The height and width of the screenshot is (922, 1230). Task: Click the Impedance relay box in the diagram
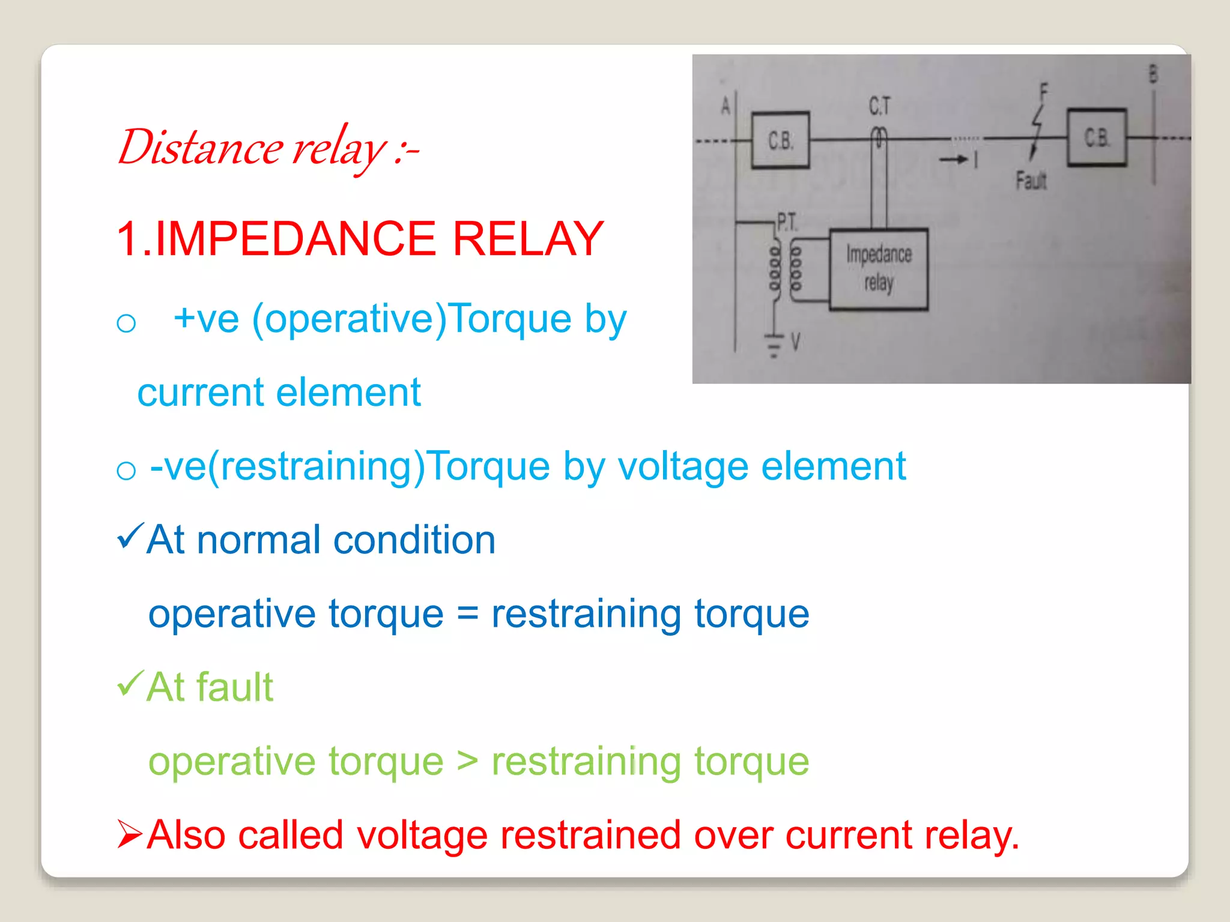pos(879,269)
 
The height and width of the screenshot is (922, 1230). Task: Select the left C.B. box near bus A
pos(780,140)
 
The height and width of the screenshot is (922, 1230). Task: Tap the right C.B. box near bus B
pos(1096,137)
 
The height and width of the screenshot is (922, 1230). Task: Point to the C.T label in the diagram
pos(879,107)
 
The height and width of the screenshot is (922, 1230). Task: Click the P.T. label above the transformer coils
pos(787,222)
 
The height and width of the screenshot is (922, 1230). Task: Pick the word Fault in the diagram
pos(1031,180)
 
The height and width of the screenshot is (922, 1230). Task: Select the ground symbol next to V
pos(774,346)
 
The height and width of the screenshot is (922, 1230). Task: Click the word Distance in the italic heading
pos(199,148)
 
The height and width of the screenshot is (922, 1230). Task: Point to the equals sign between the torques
pos(467,613)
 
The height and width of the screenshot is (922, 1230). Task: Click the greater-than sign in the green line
pos(467,761)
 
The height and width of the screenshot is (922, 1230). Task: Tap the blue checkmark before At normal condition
pos(130,535)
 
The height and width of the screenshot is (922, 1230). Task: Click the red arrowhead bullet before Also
pos(130,834)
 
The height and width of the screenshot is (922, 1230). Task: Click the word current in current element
pos(200,393)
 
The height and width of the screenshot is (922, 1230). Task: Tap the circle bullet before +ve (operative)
pos(126,324)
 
